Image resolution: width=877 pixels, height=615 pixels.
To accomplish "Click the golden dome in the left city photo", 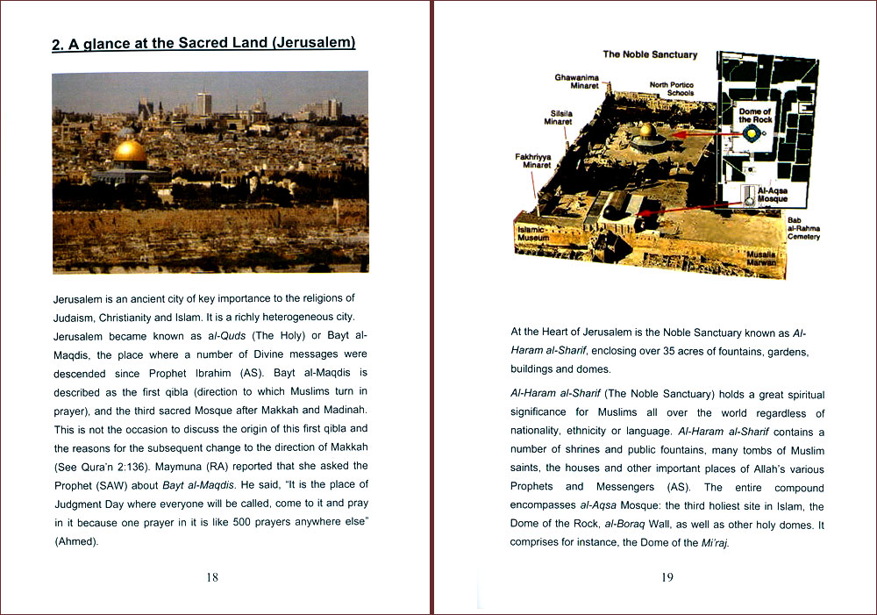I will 131,152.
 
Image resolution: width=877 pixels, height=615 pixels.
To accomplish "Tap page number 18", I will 212,576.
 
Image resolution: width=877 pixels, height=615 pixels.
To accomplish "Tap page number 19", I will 667,576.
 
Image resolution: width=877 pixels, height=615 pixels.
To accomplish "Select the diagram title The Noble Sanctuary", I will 650,54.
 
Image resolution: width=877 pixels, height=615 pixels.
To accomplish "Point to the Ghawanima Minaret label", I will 576,82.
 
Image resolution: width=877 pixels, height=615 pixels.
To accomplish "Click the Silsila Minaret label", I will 558,118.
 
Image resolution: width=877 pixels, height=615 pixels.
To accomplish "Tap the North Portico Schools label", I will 672,89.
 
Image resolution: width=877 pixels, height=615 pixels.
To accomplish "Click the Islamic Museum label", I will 532,232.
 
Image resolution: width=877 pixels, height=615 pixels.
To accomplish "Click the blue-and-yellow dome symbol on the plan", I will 752,133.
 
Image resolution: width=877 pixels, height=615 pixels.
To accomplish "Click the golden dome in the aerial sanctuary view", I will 646,132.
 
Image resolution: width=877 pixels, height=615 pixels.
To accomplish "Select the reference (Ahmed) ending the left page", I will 76,541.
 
